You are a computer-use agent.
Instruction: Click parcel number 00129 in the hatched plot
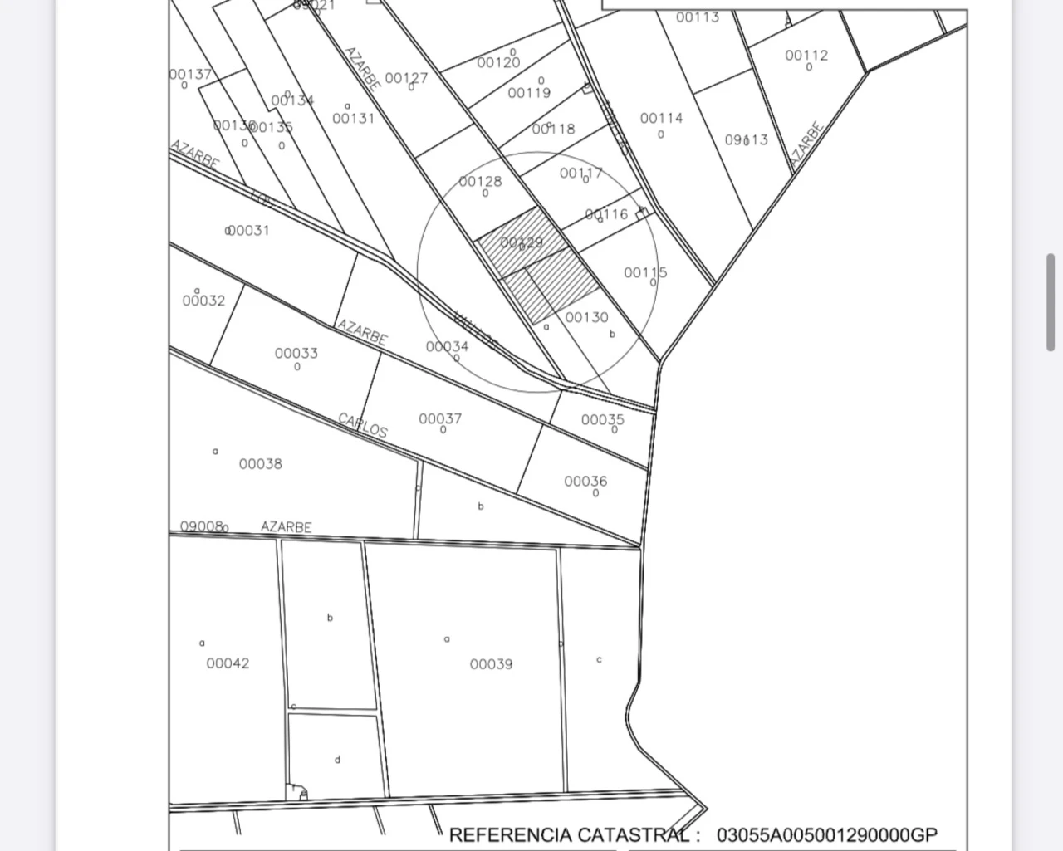pyautogui.click(x=522, y=242)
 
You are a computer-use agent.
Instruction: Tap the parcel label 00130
pyautogui.click(x=586, y=317)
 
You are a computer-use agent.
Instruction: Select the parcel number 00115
pyautogui.click(x=645, y=272)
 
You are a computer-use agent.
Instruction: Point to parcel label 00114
pyautogui.click(x=661, y=118)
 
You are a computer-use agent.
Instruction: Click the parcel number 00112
pyautogui.click(x=806, y=56)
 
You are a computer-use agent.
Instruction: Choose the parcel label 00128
pyautogui.click(x=480, y=182)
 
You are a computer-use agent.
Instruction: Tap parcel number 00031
pyautogui.click(x=248, y=230)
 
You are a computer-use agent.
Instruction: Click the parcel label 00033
pyautogui.click(x=296, y=353)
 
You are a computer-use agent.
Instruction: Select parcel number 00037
pyautogui.click(x=440, y=419)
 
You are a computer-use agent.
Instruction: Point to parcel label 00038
pyautogui.click(x=261, y=464)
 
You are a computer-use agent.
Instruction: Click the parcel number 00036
pyautogui.click(x=585, y=482)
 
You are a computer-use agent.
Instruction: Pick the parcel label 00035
pyautogui.click(x=603, y=420)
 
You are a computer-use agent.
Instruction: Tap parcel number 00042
pyautogui.click(x=228, y=663)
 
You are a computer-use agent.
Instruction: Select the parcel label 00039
pyautogui.click(x=491, y=664)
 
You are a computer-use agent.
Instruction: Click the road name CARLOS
pyautogui.click(x=363, y=424)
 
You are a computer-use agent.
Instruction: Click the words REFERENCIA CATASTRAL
pyautogui.click(x=569, y=834)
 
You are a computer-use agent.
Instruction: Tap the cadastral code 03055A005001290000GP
pyautogui.click(x=827, y=834)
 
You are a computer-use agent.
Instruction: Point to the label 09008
pyautogui.click(x=202, y=526)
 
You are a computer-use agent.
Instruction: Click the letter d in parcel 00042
pyautogui.click(x=337, y=760)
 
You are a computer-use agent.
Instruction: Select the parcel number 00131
pyautogui.click(x=354, y=119)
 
